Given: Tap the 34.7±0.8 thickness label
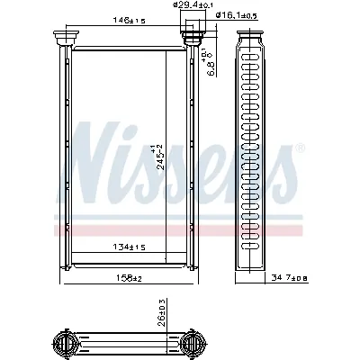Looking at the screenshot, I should point(312,276).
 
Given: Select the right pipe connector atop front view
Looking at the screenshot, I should point(191,37).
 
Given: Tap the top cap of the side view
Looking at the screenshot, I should point(252,38).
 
